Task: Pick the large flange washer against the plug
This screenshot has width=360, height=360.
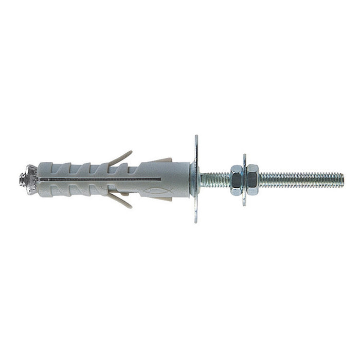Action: pyautogui.click(x=196, y=179)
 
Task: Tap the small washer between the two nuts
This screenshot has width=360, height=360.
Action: pyautogui.click(x=244, y=179)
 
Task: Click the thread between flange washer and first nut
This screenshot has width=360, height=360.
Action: pyautogui.click(x=215, y=179)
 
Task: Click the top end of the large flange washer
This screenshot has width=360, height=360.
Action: pyautogui.click(x=196, y=137)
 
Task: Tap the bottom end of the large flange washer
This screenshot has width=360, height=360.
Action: pyautogui.click(x=196, y=221)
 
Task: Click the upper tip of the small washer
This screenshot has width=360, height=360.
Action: pyautogui.click(x=244, y=156)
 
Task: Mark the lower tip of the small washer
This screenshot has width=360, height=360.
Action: pyautogui.click(x=244, y=203)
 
